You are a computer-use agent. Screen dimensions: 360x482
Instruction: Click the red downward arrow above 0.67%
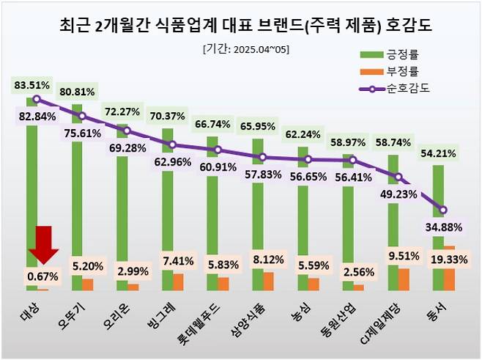[x=43, y=243]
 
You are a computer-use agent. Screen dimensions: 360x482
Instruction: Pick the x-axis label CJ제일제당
[x=392, y=320]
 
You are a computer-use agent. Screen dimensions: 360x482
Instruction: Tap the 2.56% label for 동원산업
[x=352, y=271]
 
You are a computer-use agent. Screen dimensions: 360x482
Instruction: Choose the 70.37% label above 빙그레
[x=168, y=115]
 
